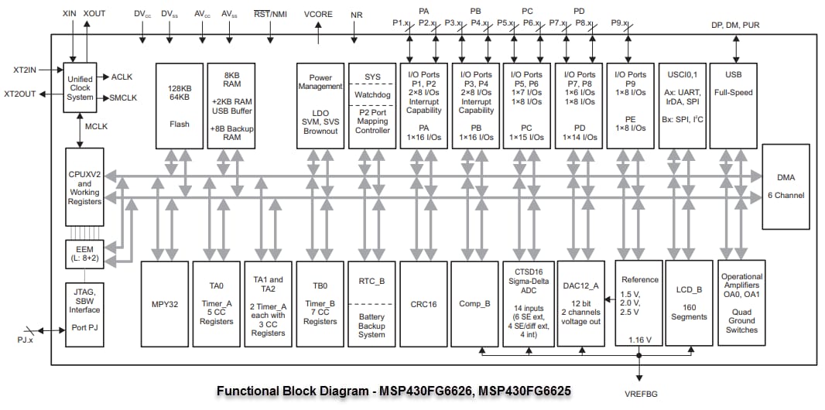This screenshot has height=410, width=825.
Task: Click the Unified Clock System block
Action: tap(80, 87)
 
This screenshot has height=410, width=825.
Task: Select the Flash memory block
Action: tap(180, 105)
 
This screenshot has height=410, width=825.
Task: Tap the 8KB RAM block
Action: tap(231, 105)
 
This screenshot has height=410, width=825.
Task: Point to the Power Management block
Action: tap(320, 105)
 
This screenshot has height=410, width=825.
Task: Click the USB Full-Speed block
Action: tap(734, 105)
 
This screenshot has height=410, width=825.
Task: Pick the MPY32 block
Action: tap(164, 304)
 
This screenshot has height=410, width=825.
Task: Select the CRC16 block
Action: tap(423, 304)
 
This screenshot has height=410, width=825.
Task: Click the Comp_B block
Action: tap(474, 304)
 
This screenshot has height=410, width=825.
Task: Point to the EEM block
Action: tap(80, 254)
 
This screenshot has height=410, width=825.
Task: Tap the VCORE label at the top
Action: tap(319, 15)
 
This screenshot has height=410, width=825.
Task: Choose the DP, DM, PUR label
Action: tap(735, 25)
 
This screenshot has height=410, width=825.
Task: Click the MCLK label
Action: tap(97, 125)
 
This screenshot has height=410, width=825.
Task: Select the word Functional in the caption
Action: tap(246, 391)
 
